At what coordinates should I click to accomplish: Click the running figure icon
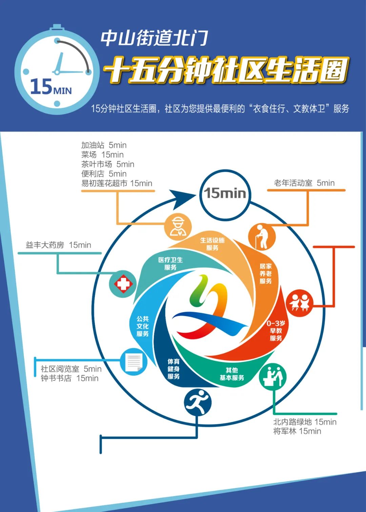pyautogui.click(x=198, y=402)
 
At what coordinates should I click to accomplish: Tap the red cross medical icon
pyautogui.click(x=123, y=284)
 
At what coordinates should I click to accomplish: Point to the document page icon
pyautogui.click(x=134, y=362)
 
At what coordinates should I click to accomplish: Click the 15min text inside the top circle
pyautogui.click(x=225, y=193)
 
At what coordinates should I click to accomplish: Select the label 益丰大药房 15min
pyautogui.click(x=58, y=245)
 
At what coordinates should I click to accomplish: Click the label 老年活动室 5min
pyautogui.click(x=304, y=183)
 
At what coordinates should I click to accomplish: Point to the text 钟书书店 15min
pyautogui.click(x=69, y=378)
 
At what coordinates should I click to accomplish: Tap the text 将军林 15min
pyautogui.click(x=297, y=431)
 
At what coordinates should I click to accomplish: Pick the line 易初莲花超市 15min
pyautogui.click(x=117, y=183)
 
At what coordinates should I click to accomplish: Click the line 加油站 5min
pyautogui.click(x=104, y=145)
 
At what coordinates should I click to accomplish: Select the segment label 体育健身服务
pyautogui.click(x=174, y=369)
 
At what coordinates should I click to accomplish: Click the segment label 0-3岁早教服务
pyautogui.click(x=276, y=331)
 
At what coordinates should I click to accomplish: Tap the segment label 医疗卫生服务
pyautogui.click(x=170, y=264)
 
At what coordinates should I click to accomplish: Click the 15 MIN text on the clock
pyautogui.click(x=51, y=87)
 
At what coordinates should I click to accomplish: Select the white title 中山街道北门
pyautogui.click(x=154, y=38)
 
